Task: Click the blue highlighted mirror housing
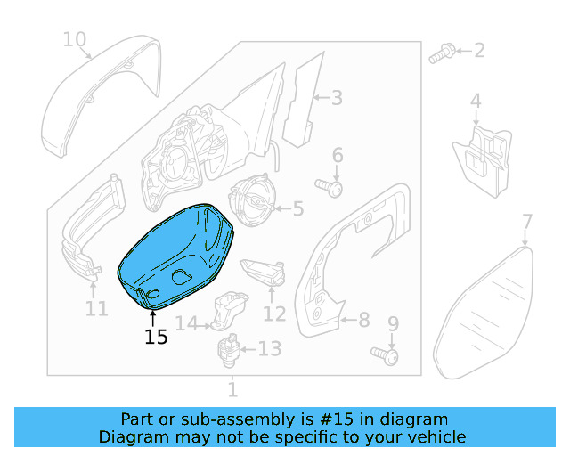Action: [x=174, y=254]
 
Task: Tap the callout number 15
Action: [x=156, y=338]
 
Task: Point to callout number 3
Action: [x=337, y=98]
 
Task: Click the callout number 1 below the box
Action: [x=232, y=389]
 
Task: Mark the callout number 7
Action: [x=526, y=221]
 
